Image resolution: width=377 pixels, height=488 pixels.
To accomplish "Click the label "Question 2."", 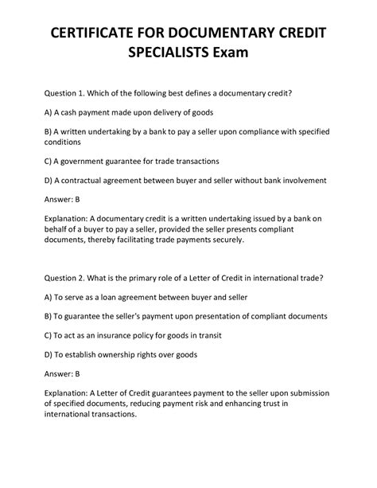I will coord(71,278).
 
